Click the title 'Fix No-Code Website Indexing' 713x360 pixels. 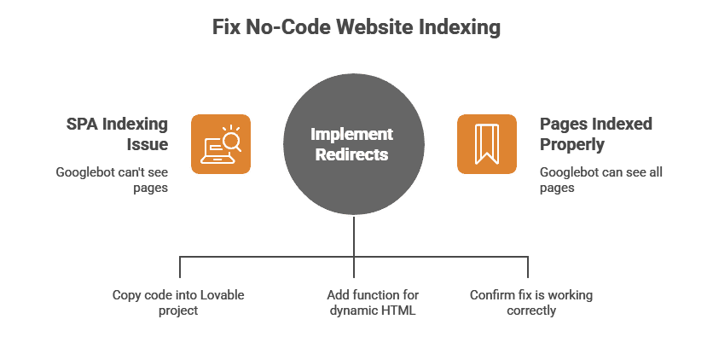click(x=356, y=28)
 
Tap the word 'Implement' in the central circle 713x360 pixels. click(x=351, y=134)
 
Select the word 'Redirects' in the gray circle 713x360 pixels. click(x=351, y=154)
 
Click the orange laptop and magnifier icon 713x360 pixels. click(x=220, y=144)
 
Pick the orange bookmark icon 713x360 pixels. click(x=486, y=144)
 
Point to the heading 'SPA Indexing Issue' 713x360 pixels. click(x=118, y=134)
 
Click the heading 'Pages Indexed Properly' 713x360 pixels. click(x=595, y=134)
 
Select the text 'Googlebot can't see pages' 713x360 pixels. click(x=112, y=180)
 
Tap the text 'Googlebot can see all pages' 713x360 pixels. click(x=600, y=180)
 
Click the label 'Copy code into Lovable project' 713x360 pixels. click(x=178, y=303)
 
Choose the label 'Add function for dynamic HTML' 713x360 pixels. click(x=372, y=303)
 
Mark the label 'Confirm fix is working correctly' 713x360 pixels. click(x=531, y=303)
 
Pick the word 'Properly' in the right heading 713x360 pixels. click(x=571, y=144)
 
